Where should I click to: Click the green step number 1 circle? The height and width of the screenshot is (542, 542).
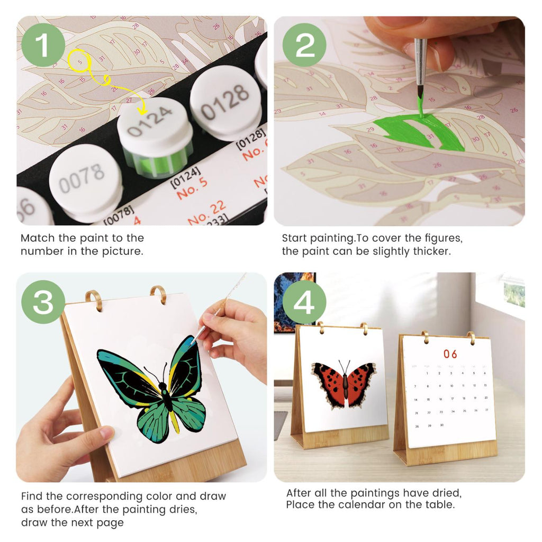pyautogui.click(x=43, y=44)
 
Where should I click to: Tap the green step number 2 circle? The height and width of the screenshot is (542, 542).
pyautogui.click(x=304, y=44)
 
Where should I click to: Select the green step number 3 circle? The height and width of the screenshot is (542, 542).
pyautogui.click(x=43, y=302)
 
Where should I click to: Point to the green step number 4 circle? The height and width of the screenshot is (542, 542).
pyautogui.click(x=304, y=302)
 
